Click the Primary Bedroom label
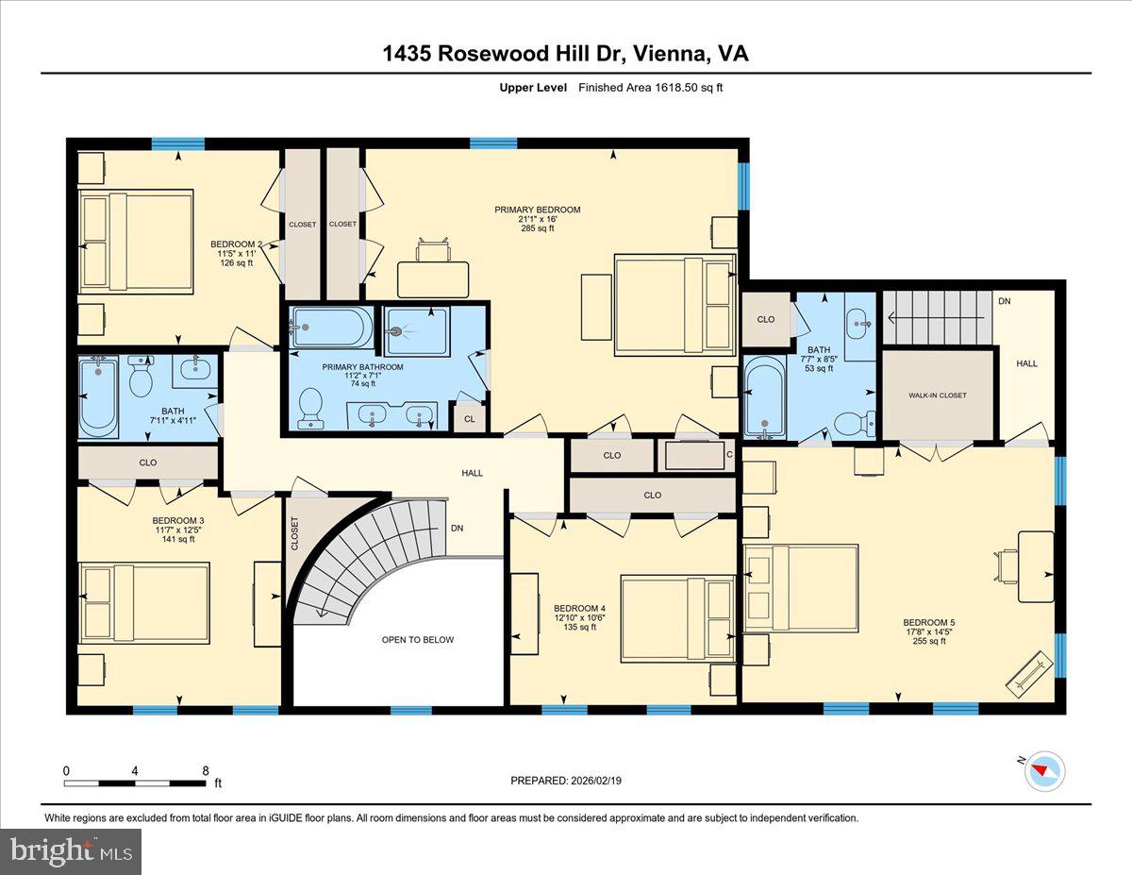[x=538, y=210]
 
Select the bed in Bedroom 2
[x=136, y=242]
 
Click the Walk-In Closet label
[x=938, y=395]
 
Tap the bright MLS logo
[x=71, y=850]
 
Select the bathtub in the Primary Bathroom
[x=330, y=328]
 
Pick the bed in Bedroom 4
[x=677, y=619]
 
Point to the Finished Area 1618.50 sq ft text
[x=650, y=88]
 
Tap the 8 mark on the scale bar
[x=206, y=771]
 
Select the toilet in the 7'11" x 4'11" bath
[x=141, y=379]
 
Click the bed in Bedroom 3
[x=144, y=603]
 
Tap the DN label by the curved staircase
[x=457, y=529]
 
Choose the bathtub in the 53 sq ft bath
[x=763, y=396]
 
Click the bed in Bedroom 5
[x=801, y=588]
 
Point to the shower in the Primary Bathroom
[x=416, y=330]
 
